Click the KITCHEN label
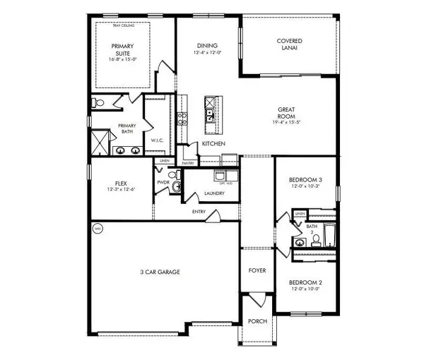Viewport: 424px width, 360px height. (213, 144)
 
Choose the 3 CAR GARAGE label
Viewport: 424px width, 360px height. (160, 271)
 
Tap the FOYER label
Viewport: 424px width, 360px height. (257, 270)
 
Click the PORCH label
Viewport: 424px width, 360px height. (257, 322)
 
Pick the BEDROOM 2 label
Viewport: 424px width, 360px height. (305, 283)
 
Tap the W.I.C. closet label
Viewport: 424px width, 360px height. (158, 140)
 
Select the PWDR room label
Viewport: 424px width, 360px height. (163, 182)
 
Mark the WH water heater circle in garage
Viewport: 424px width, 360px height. (98, 229)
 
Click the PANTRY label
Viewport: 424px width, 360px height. (187, 163)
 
